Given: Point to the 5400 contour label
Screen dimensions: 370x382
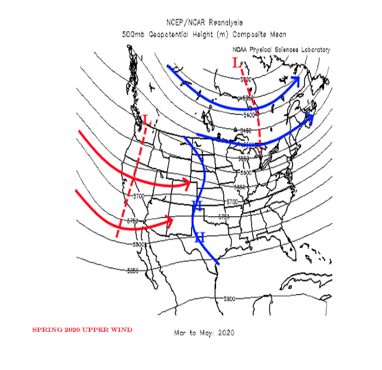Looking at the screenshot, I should tap(249, 114).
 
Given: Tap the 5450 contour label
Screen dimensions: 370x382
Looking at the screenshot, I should tap(247, 130).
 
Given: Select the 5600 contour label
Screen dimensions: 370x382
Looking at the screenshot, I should tap(247, 173).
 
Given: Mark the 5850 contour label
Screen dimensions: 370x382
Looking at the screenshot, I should tap(133, 271).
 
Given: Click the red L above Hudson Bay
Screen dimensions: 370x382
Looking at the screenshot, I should tap(235, 62).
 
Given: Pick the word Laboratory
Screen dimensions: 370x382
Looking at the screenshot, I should tap(313, 50).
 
